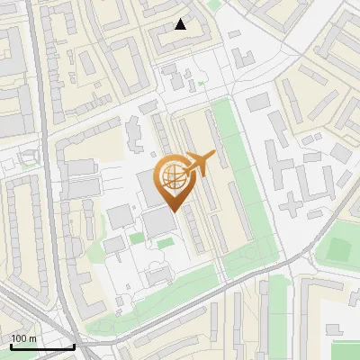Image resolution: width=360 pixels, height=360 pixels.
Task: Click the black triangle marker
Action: coord(181,24)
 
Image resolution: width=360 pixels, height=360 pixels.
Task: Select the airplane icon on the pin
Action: coord(201,164)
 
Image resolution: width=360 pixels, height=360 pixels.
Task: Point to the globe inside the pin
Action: coord(174,175)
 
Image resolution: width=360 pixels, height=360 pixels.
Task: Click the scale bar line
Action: coord(42,346)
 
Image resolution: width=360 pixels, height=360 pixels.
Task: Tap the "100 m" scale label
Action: coord(24,338)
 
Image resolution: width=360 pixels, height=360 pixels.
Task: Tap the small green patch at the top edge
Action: coord(213,4)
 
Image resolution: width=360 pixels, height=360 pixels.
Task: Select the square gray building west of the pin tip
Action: coord(120,216)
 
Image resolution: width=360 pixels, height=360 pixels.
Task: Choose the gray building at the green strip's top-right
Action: coord(258,102)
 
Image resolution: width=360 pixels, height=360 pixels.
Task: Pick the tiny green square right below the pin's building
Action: coord(165,243)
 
